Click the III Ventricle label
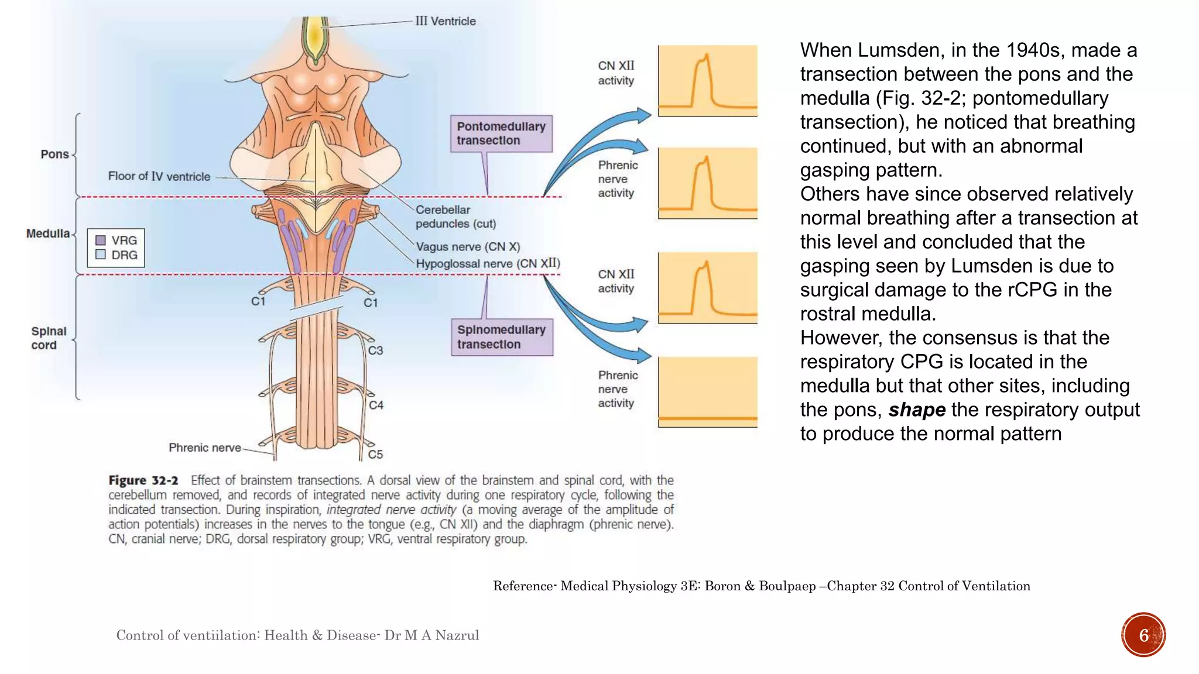click(x=445, y=21)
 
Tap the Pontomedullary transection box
click(x=501, y=134)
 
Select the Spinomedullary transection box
click(x=501, y=337)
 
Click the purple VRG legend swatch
click(x=101, y=240)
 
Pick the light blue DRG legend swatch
click(x=101, y=255)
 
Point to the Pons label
click(x=54, y=154)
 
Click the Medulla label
click(x=47, y=233)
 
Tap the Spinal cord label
click(x=48, y=338)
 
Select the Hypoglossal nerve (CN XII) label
click(x=487, y=264)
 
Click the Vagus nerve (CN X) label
click(x=467, y=247)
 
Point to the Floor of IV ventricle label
click(x=159, y=177)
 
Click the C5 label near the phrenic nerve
click(x=375, y=455)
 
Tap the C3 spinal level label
click(x=375, y=350)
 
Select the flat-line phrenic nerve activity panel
click(x=707, y=392)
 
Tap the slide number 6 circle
click(x=1143, y=635)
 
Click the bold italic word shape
click(x=916, y=410)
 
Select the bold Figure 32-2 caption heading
click(x=143, y=481)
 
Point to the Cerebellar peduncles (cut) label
click(x=455, y=216)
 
